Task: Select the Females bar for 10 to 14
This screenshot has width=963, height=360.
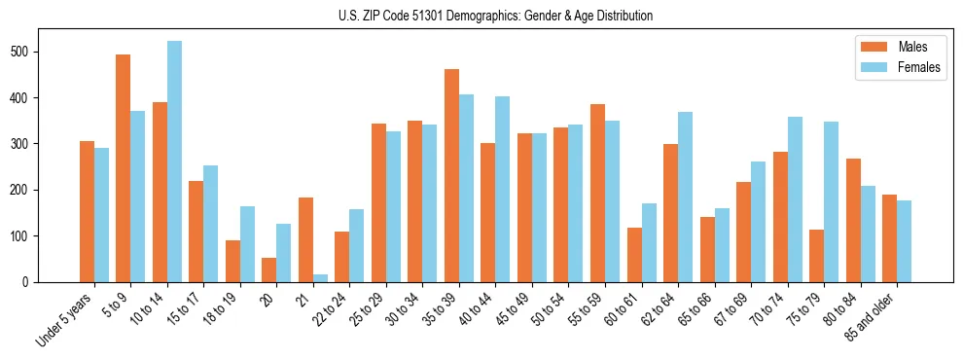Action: (x=174, y=162)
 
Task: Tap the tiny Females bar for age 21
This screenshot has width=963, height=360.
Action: (x=320, y=278)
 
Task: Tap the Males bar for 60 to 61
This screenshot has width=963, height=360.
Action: (x=634, y=255)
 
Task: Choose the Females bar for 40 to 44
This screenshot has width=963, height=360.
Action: (x=503, y=189)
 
